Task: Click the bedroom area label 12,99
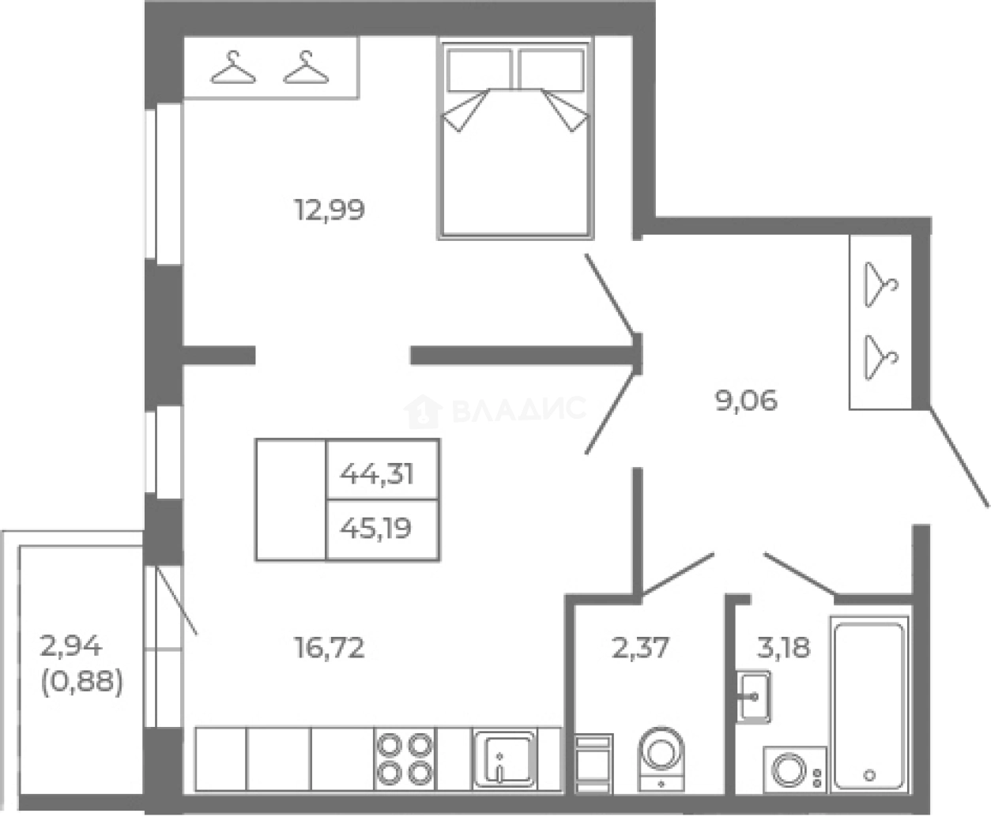pyautogui.click(x=330, y=210)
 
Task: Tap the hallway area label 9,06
pyautogui.click(x=746, y=401)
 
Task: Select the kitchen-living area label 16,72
pyautogui.click(x=330, y=648)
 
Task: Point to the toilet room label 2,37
pyautogui.click(x=641, y=648)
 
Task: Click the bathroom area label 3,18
pyautogui.click(x=784, y=648)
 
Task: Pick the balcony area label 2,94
pyautogui.click(x=70, y=646)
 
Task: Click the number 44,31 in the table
pyautogui.click(x=377, y=473)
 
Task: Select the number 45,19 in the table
pyautogui.click(x=375, y=528)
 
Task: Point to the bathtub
pyautogui.click(x=869, y=705)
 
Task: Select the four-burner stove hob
pyautogui.click(x=405, y=759)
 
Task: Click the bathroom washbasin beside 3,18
pyautogui.click(x=753, y=697)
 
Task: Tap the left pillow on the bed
pyautogui.click(x=479, y=70)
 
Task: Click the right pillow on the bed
pyautogui.click(x=552, y=70)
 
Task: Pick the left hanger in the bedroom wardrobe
pyautogui.click(x=233, y=67)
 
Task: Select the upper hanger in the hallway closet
pyautogui.click(x=881, y=284)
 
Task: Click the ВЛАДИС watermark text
pyautogui.click(x=518, y=409)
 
